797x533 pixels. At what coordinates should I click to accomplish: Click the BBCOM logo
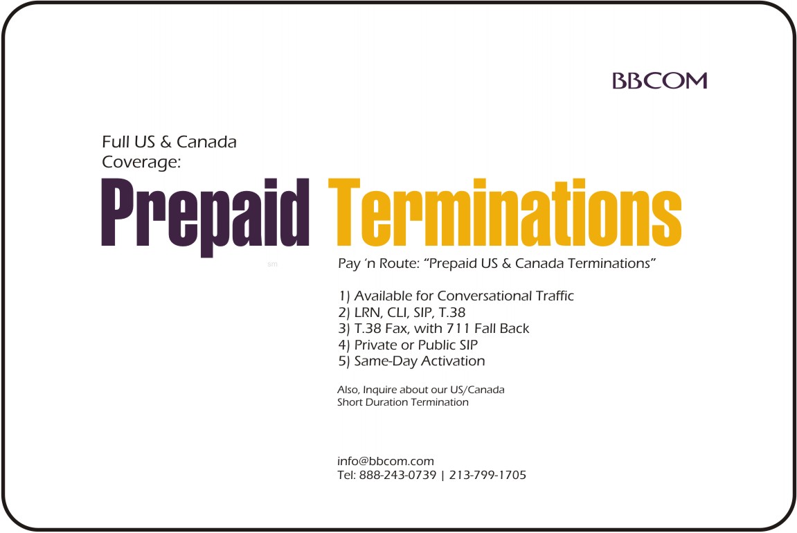(659, 81)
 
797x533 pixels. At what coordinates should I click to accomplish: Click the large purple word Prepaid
(206, 217)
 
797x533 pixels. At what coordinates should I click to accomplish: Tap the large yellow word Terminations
(505, 213)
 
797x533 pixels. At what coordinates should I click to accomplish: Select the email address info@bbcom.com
(385, 462)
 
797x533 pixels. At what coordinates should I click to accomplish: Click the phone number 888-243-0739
(397, 475)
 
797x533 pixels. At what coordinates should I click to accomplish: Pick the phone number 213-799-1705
(487, 475)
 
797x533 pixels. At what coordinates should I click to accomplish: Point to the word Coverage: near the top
(141, 163)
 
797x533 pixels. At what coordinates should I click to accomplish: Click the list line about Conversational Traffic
(456, 296)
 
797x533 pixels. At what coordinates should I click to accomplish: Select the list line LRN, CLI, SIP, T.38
(402, 312)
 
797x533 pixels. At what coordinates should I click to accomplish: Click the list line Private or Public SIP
(408, 345)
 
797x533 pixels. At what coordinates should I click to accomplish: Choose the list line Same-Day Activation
(411, 361)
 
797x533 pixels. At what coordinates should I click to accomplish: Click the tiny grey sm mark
(272, 264)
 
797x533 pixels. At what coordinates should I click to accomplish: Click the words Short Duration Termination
(402, 402)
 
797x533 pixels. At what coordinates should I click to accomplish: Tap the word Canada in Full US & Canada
(206, 142)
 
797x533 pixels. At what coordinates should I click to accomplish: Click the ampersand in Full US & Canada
(165, 143)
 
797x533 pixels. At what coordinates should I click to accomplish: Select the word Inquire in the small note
(379, 390)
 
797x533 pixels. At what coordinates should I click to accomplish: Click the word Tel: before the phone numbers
(346, 475)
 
